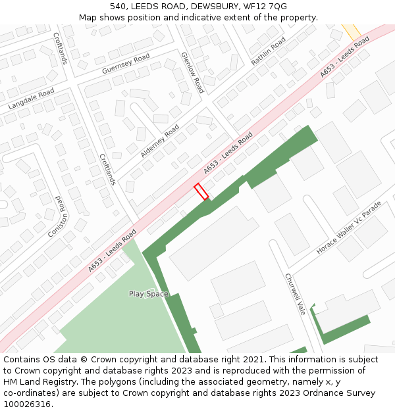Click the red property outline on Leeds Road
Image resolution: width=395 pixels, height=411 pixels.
point(201,191)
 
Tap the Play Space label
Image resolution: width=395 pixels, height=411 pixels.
point(148,294)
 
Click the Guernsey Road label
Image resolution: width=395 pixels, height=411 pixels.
point(126,64)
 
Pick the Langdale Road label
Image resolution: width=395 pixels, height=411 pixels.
point(31,99)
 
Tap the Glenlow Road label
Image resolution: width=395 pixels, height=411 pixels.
point(192,72)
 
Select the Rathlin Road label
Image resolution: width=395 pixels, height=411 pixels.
point(268,51)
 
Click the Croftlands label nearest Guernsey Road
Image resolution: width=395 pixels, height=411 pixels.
point(60,49)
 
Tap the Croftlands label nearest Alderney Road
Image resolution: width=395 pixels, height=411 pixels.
point(107,170)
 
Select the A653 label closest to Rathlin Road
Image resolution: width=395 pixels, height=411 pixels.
point(344,58)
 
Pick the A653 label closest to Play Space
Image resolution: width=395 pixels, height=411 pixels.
point(112,251)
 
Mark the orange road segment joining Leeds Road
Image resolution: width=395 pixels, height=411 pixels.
point(351,30)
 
